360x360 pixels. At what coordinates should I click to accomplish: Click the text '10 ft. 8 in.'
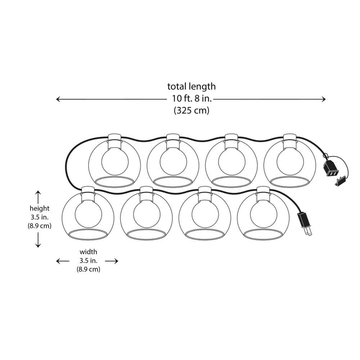pos(192,99)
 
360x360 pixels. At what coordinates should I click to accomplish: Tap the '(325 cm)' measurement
pos(192,111)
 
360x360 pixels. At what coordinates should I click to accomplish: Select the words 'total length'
pos(192,86)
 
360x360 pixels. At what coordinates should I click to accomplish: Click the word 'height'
pos(40,208)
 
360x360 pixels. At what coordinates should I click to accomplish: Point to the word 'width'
pos(89,252)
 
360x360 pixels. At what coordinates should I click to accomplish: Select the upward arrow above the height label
pos(38,197)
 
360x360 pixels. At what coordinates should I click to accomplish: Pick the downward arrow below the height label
pos(38,240)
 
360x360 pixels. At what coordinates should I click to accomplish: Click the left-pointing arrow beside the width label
pos(62,261)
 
